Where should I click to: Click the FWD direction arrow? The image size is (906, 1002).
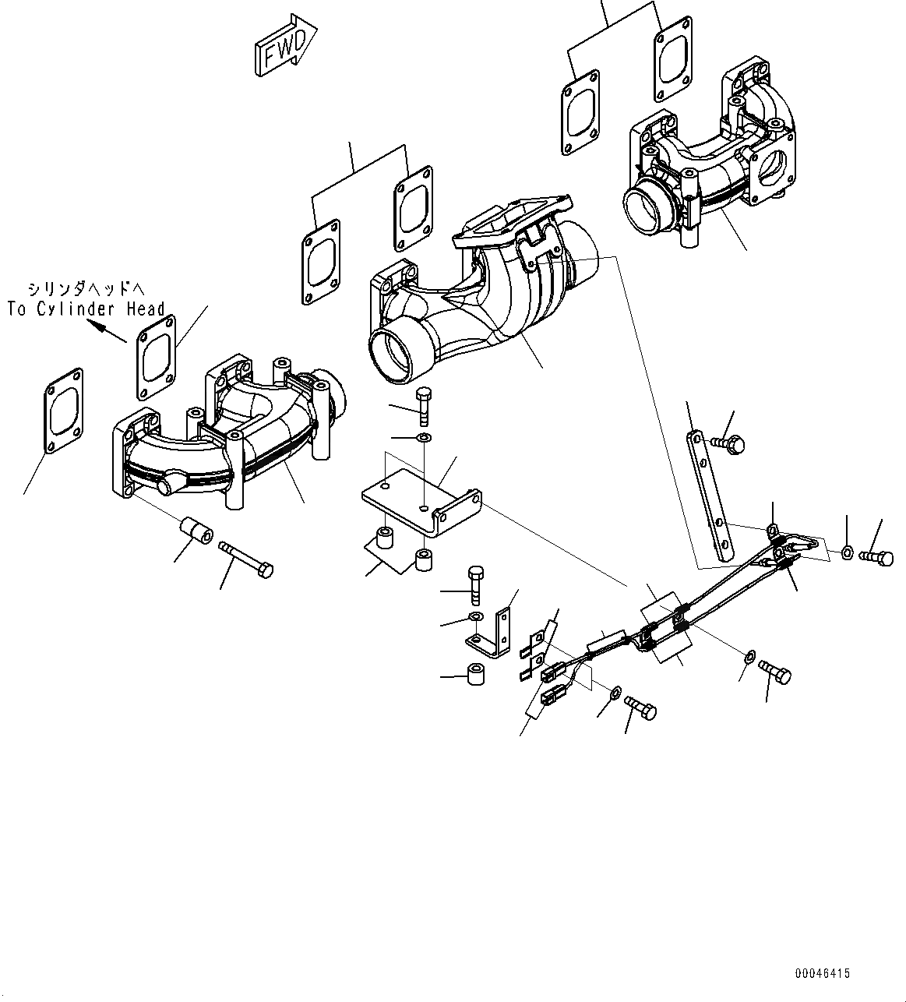[284, 47]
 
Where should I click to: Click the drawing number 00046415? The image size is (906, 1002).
[823, 973]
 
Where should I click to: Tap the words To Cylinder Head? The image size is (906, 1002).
[86, 309]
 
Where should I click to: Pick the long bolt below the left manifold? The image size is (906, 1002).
[248, 560]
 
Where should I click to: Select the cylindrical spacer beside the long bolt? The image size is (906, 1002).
[197, 533]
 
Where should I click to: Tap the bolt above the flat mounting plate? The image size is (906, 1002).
[423, 405]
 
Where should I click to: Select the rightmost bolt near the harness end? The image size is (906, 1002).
[877, 557]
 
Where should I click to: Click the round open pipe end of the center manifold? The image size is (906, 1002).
[396, 355]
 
